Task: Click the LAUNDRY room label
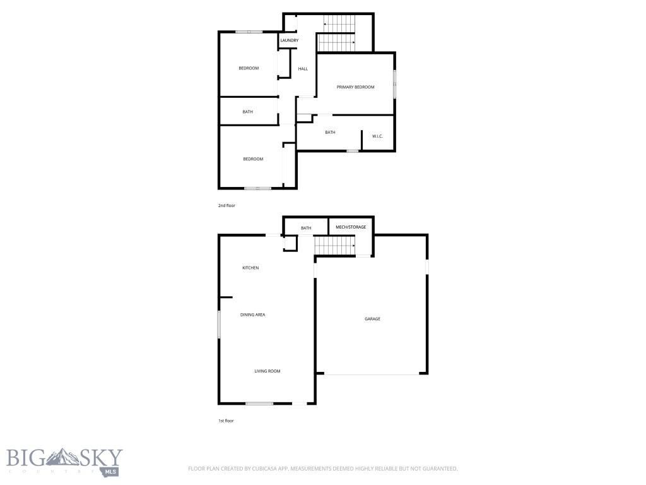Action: pyautogui.click(x=290, y=41)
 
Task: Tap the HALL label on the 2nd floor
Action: pyautogui.click(x=303, y=69)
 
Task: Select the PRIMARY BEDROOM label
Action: pyautogui.click(x=356, y=87)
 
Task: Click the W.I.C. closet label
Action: pyautogui.click(x=377, y=136)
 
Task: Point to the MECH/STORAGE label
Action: pyautogui.click(x=351, y=227)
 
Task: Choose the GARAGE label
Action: pyautogui.click(x=372, y=319)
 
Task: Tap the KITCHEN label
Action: pyautogui.click(x=250, y=268)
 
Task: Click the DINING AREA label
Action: pyautogui.click(x=252, y=314)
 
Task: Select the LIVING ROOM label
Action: pyautogui.click(x=267, y=371)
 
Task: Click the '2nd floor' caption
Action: pyautogui.click(x=226, y=206)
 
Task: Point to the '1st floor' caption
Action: pyautogui.click(x=226, y=421)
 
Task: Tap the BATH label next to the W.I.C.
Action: pyautogui.click(x=330, y=133)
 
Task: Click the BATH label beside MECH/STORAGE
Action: pyautogui.click(x=306, y=228)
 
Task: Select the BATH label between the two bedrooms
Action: pyautogui.click(x=248, y=112)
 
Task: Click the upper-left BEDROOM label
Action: pyautogui.click(x=249, y=68)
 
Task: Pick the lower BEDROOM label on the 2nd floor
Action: pyautogui.click(x=253, y=159)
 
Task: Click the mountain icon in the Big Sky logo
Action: pyautogui.click(x=65, y=456)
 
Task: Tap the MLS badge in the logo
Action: pyautogui.click(x=111, y=470)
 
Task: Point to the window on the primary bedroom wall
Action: pyautogui.click(x=395, y=84)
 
